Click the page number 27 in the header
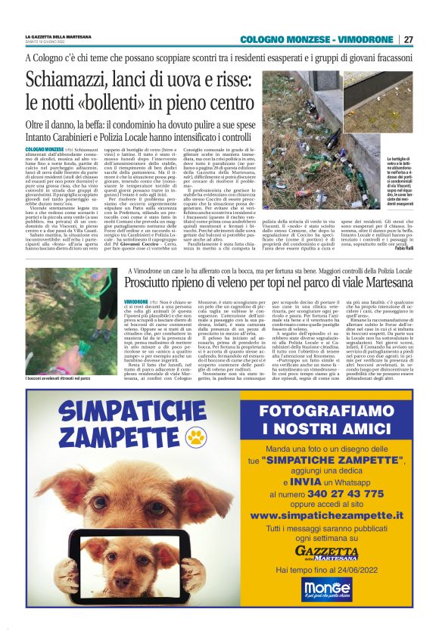[x=409, y=39]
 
